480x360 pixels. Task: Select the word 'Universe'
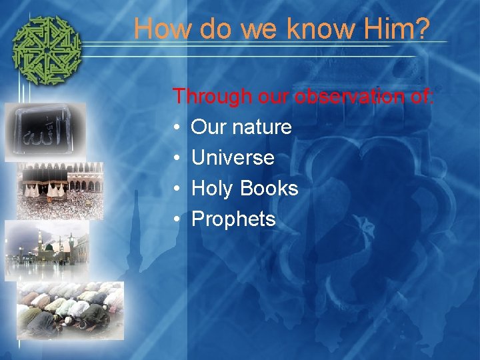coord(233,158)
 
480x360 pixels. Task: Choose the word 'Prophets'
coord(233,219)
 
